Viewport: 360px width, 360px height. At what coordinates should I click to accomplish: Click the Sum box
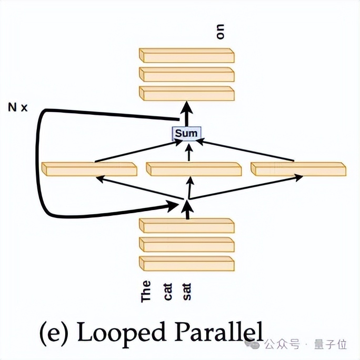pyautogui.click(x=186, y=133)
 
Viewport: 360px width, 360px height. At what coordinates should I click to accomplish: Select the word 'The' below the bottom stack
pyautogui.click(x=146, y=291)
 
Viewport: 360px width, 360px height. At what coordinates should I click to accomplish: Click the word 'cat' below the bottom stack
pyautogui.click(x=168, y=291)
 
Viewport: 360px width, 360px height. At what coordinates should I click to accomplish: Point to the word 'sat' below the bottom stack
pyautogui.click(x=187, y=291)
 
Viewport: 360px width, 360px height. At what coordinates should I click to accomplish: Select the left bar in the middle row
pyautogui.click(x=88, y=169)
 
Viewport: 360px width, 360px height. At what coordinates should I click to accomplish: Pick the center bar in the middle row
pyautogui.click(x=193, y=169)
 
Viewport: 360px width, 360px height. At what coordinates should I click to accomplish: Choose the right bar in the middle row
pyautogui.click(x=298, y=169)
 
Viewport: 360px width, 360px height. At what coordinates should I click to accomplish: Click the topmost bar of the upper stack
pyautogui.click(x=186, y=55)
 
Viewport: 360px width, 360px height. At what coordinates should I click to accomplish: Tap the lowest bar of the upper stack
pyautogui.click(x=186, y=93)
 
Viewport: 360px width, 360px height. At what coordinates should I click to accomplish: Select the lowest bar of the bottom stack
pyautogui.click(x=186, y=263)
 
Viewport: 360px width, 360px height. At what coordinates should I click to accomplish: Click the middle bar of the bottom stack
pyautogui.click(x=186, y=244)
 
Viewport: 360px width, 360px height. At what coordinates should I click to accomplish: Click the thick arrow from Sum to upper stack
pyautogui.click(x=186, y=114)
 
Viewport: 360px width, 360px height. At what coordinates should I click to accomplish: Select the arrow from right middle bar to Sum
pyautogui.click(x=247, y=151)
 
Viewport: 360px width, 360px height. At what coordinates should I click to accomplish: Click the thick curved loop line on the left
pyautogui.click(x=38, y=163)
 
